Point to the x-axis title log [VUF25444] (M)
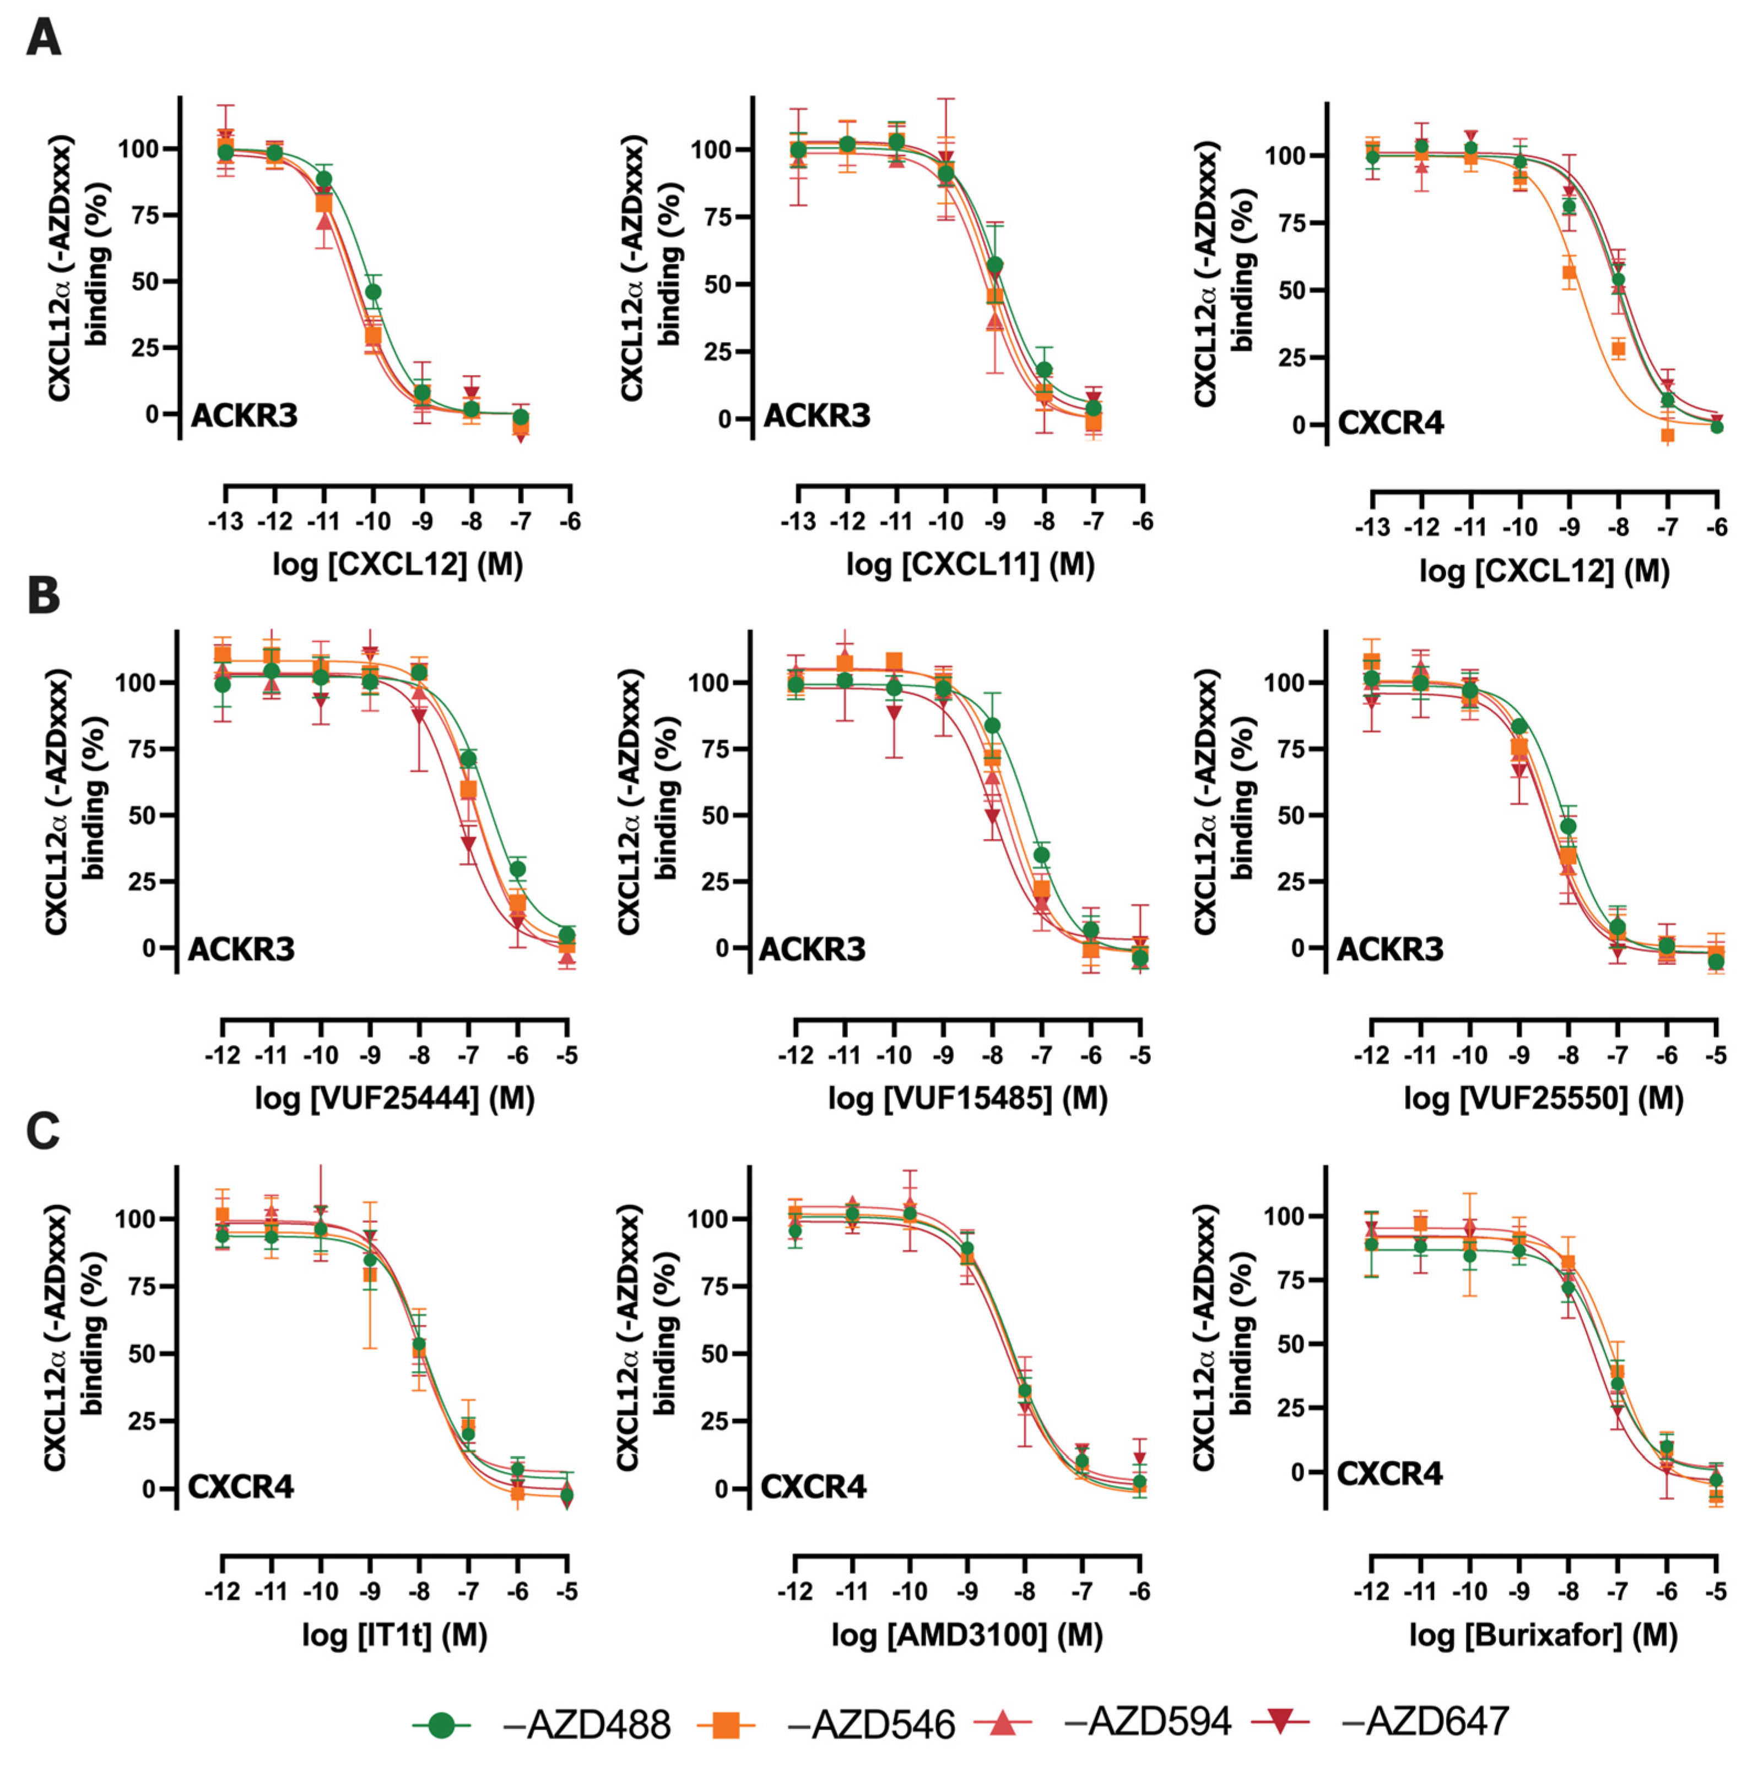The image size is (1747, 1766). coord(394,1097)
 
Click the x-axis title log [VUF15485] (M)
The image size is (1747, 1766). coord(967,1097)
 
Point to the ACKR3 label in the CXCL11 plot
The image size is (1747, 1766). coord(816,416)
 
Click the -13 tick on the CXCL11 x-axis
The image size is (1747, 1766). coord(797,522)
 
